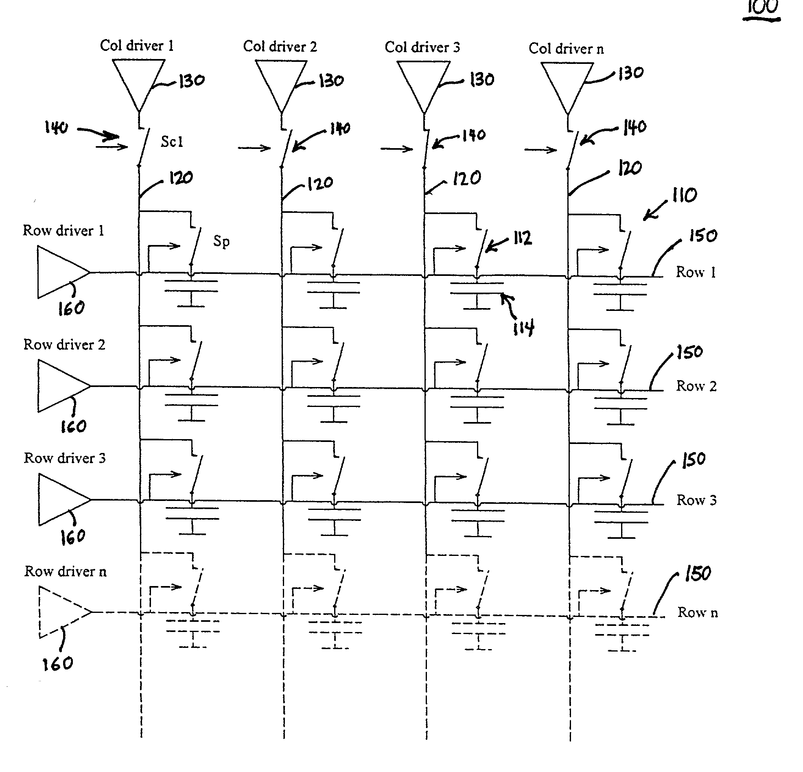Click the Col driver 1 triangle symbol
[139, 80]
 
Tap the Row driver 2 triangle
[59, 386]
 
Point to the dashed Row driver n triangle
[60, 612]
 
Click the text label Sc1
[172, 142]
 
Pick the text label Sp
[221, 241]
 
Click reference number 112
[522, 238]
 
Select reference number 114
[523, 328]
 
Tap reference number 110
[684, 195]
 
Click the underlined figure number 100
[762, 8]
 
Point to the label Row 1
[696, 272]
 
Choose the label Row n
[697, 612]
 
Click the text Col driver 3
[422, 47]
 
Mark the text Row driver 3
[65, 458]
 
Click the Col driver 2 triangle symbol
[281, 81]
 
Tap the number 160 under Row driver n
[58, 663]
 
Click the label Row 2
[696, 386]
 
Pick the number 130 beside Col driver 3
[482, 79]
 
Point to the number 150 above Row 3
[694, 459]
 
